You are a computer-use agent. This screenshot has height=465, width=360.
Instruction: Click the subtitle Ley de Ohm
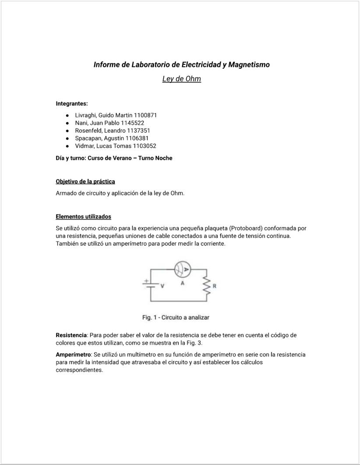181,79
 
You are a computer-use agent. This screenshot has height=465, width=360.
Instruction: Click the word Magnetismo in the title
249,65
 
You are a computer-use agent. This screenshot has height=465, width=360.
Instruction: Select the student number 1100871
142,115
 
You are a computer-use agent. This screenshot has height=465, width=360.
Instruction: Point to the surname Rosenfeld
89,130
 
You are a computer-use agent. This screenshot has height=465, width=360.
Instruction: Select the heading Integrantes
72,104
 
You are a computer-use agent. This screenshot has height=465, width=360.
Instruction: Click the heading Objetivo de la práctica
85,181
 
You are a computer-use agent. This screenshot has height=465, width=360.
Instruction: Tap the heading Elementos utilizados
83,216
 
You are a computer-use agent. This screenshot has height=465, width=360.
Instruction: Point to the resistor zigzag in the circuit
205,285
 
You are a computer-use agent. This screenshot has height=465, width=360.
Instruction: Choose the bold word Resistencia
72,335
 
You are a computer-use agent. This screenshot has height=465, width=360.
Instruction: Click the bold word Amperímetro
73,354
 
